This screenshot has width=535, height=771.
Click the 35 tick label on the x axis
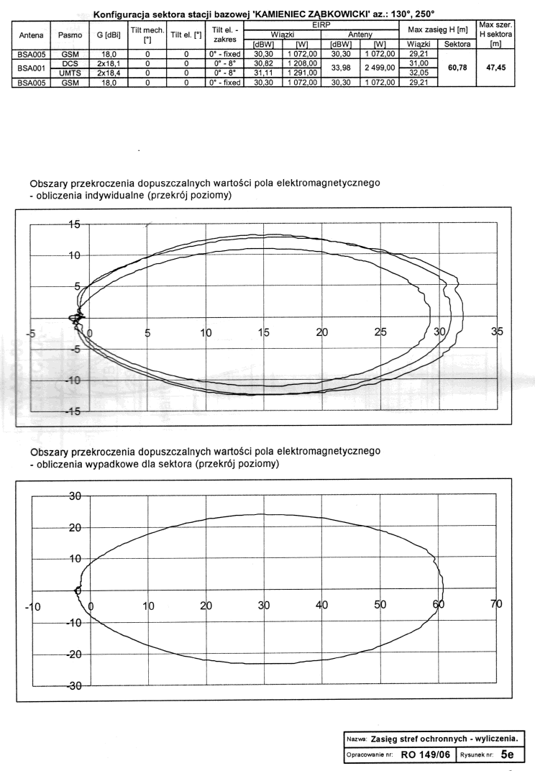496,332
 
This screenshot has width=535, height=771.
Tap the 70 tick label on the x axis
496,606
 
